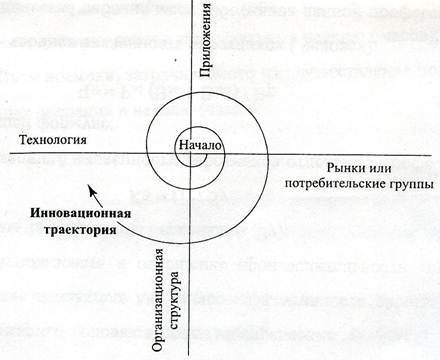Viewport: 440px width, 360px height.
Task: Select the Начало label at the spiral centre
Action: point(201,146)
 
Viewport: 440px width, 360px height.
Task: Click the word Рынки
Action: point(351,166)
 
